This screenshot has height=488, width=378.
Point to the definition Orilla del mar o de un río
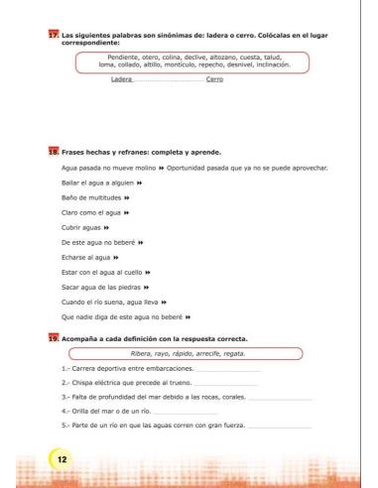point(111,410)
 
